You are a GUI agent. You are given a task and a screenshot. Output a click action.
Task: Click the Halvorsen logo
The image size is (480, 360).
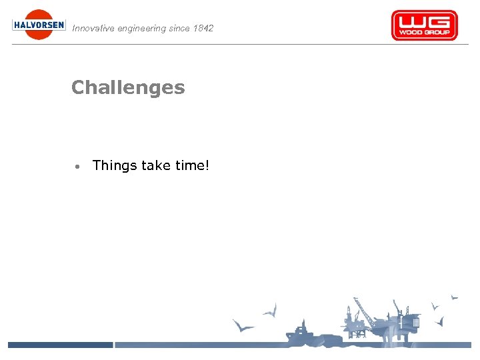click(39, 25)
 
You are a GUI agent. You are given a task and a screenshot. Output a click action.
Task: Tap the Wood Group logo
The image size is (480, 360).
click(424, 25)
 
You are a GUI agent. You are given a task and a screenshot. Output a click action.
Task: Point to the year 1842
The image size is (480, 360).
click(202, 29)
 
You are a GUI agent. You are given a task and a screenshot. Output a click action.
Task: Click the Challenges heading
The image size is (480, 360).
click(128, 87)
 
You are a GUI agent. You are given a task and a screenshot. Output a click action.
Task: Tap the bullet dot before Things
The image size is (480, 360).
click(78, 166)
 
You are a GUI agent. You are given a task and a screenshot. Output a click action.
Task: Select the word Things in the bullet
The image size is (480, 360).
click(115, 165)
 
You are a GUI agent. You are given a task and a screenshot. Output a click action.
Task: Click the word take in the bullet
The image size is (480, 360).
click(156, 165)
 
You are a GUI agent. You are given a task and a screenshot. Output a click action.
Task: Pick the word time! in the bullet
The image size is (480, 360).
click(193, 165)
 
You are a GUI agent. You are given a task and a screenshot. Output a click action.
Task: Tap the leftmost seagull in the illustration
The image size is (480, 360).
click(243, 326)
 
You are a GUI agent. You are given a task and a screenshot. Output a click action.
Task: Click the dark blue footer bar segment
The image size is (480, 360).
click(60, 345)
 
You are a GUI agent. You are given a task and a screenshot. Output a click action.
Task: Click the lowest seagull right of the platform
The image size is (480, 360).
click(439, 322)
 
